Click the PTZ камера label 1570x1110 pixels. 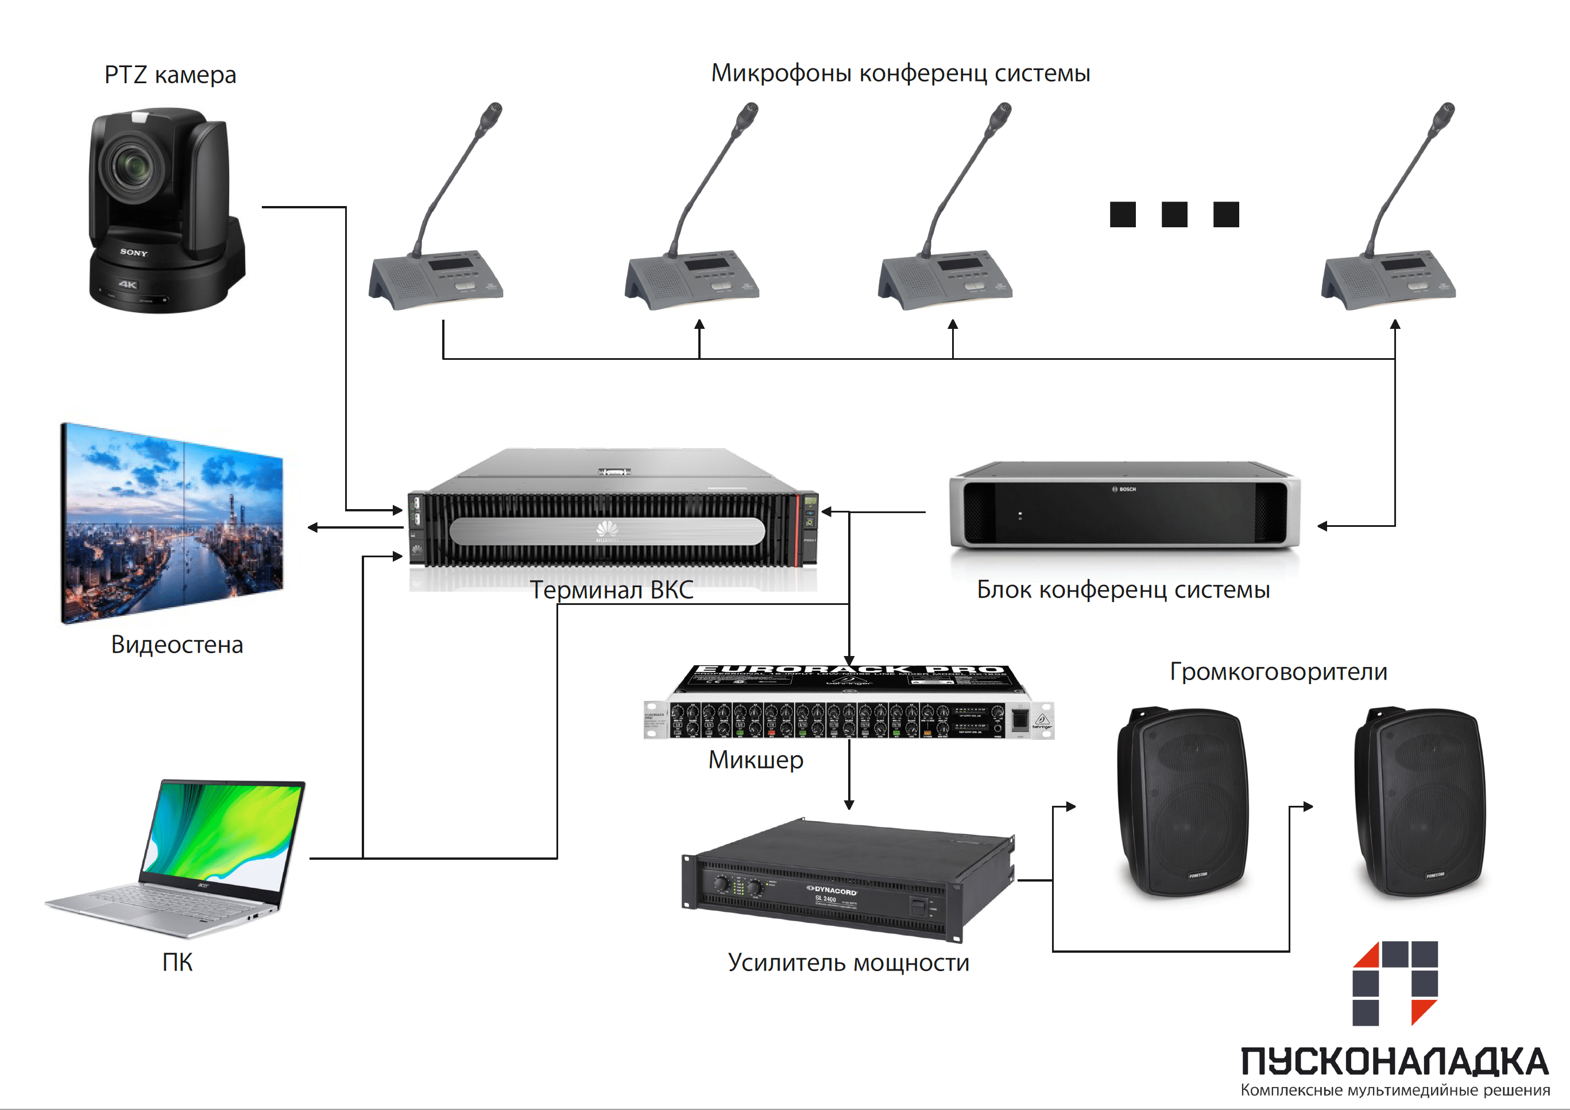pyautogui.click(x=171, y=75)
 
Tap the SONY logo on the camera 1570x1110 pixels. pyautogui.click(x=134, y=252)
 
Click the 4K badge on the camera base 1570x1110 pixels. pyautogui.click(x=128, y=284)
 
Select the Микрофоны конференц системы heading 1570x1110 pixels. pyautogui.click(x=900, y=73)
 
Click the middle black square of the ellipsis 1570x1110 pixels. pyautogui.click(x=1174, y=214)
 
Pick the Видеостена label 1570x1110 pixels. pyautogui.click(x=177, y=645)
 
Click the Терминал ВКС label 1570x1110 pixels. pyautogui.click(x=612, y=590)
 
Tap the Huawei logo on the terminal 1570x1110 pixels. pyautogui.click(x=606, y=529)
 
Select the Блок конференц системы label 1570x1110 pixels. pyautogui.click(x=1123, y=589)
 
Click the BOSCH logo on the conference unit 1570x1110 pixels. pyautogui.click(x=1123, y=490)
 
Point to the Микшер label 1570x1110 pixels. pyautogui.click(x=756, y=759)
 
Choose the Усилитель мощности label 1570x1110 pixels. pyautogui.click(x=848, y=962)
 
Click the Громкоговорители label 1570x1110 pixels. pyautogui.click(x=1278, y=671)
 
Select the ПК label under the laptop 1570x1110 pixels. pyautogui.click(x=177, y=962)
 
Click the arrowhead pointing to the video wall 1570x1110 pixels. pyautogui.click(x=313, y=527)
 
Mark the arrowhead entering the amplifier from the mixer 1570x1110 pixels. pyautogui.click(x=849, y=805)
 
